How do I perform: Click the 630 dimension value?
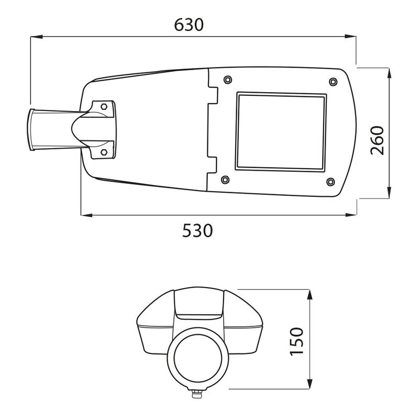(x=189, y=25)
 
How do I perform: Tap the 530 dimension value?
(x=197, y=230)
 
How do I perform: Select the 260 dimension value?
(x=377, y=140)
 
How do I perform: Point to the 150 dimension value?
(x=297, y=341)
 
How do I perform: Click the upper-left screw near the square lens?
(x=227, y=80)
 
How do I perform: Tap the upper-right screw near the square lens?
(x=333, y=82)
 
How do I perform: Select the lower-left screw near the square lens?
(x=225, y=180)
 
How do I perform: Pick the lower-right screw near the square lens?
(x=330, y=182)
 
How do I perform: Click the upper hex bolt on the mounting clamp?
(x=104, y=107)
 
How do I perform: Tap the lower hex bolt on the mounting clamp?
(x=104, y=152)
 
